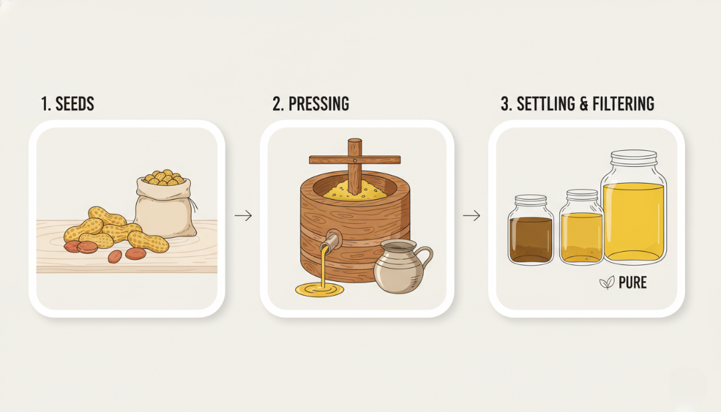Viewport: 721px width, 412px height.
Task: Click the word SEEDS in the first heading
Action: click(75, 104)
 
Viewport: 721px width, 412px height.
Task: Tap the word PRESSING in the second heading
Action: click(318, 104)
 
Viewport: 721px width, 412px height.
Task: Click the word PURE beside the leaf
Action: click(633, 282)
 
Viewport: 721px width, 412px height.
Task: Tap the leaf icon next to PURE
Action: click(607, 282)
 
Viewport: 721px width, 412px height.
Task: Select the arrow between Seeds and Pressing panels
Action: click(243, 215)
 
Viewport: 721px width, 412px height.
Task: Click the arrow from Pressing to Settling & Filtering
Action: click(471, 215)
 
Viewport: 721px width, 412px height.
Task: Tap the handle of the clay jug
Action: click(425, 258)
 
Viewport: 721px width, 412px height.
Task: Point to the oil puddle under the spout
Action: click(320, 289)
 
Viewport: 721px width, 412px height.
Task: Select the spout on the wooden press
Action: click(333, 240)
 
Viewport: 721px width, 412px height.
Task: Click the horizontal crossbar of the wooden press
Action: click(354, 160)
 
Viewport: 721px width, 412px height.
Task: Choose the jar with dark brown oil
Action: click(531, 230)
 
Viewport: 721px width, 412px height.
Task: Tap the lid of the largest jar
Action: click(634, 158)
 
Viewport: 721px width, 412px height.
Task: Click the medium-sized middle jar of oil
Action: click(581, 227)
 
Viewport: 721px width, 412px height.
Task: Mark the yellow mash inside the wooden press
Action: click(354, 190)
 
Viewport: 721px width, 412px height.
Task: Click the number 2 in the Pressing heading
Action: click(277, 104)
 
